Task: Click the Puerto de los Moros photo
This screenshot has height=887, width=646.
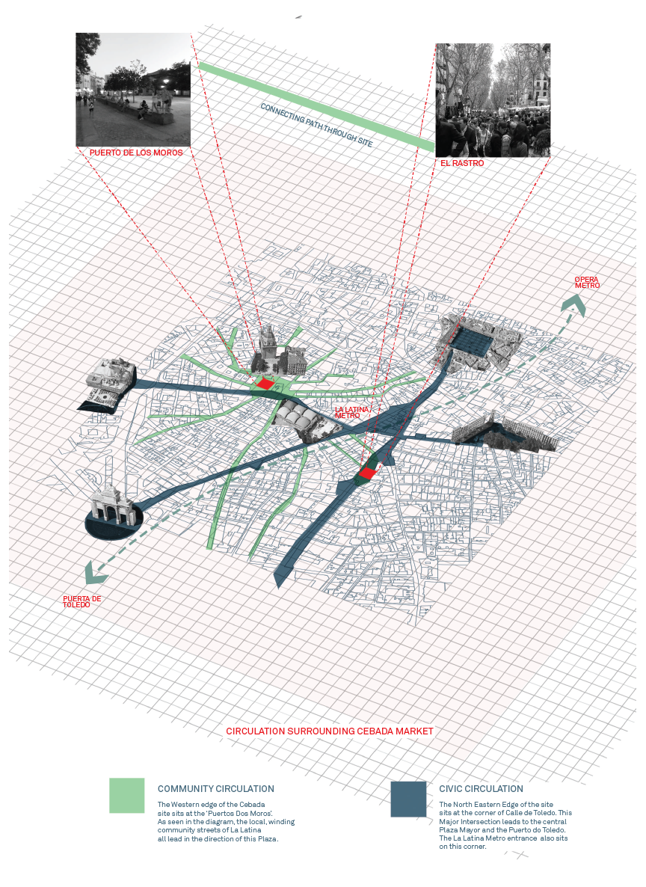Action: [134, 90]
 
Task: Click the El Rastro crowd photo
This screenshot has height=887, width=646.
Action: [493, 100]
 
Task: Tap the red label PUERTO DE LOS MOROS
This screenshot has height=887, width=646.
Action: [136, 153]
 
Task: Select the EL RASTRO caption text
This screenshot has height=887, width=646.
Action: [462, 163]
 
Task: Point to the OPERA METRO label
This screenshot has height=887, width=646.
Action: [587, 282]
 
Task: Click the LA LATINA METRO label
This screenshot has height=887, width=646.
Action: [351, 412]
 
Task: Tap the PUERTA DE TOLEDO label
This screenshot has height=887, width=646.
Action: [81, 602]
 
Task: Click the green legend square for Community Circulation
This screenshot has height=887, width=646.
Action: [126, 796]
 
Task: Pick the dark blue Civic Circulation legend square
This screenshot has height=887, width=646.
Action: [408, 799]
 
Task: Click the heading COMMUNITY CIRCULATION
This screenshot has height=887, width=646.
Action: [215, 788]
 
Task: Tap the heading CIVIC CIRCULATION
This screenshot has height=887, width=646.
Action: [481, 788]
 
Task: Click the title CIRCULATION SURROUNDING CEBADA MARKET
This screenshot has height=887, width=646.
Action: [330, 731]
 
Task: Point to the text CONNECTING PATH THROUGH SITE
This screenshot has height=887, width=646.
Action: [316, 125]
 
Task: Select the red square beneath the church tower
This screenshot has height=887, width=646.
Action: [264, 384]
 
